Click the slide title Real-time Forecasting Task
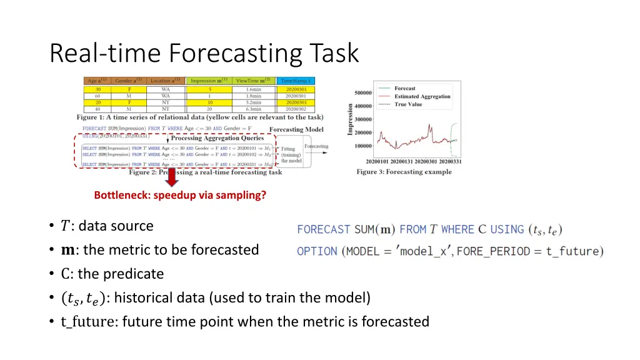204,53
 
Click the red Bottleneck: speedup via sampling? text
180,195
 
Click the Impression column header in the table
210,81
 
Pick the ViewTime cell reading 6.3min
253,109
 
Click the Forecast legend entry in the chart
404,89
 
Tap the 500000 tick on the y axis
363,93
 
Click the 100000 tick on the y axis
363,146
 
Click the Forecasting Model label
296,130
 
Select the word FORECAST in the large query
324,229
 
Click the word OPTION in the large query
317,251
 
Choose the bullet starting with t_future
245,322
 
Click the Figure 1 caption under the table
200,117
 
